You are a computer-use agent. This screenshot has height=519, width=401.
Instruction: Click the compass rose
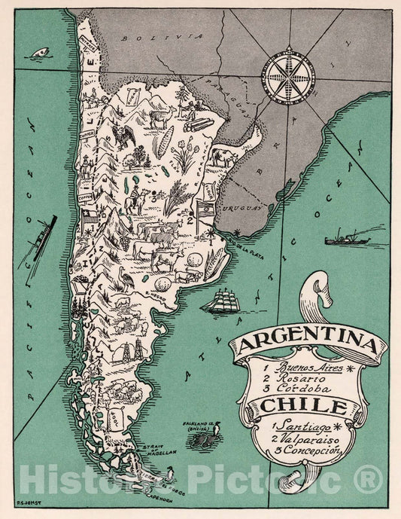(289, 71)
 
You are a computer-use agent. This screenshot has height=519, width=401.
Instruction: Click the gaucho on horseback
(135, 197)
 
